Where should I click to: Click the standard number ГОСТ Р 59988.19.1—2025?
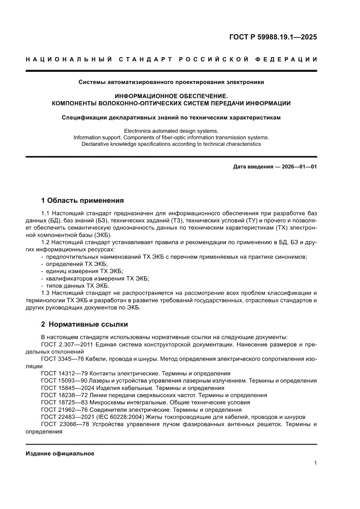[273, 37]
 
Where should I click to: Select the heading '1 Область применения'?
[82, 201]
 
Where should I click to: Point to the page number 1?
[315, 463]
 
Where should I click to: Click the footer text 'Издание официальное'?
[60, 453]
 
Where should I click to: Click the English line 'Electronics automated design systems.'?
[171, 131]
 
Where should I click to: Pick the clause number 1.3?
[46, 293]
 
